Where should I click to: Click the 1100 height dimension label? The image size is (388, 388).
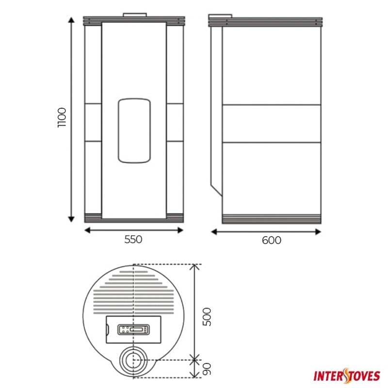click(62, 117)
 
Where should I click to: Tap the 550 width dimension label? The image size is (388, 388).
click(133, 240)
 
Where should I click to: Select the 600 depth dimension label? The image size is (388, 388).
click(272, 240)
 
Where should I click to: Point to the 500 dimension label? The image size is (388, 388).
click(207, 317)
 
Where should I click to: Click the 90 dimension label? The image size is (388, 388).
click(207, 369)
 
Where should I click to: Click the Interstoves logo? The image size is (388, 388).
click(347, 376)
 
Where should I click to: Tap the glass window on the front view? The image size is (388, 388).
click(134, 130)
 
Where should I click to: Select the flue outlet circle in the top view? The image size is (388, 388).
click(133, 360)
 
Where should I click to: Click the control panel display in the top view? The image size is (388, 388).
click(133, 330)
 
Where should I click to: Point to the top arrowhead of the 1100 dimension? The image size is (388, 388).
click(71, 20)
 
